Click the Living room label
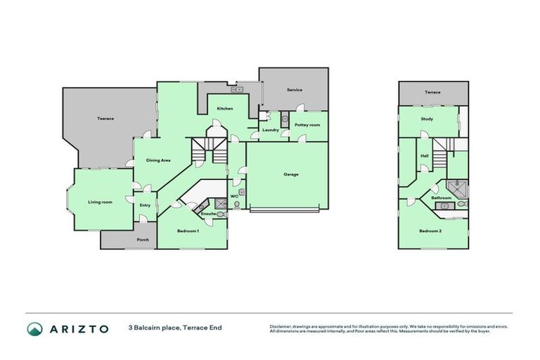coord(100,202)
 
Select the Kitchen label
coord(225,108)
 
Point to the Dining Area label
coord(158,160)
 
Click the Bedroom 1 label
coord(188,231)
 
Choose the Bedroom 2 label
coord(430,231)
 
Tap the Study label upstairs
coord(427,119)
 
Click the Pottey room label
coord(307,124)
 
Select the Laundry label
coord(271,130)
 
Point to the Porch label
coord(143,240)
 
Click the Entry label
coord(145,205)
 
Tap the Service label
coord(294,90)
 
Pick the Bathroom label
coord(442,198)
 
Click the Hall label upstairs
coord(425,156)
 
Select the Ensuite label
coord(207,213)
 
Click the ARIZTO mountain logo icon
coord(34,328)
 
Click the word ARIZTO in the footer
coord(77,328)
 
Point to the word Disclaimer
coord(281,326)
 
